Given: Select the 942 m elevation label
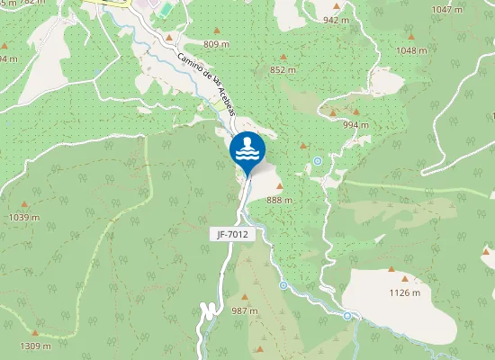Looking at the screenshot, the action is coord(336,20).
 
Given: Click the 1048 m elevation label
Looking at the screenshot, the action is coord(411,51).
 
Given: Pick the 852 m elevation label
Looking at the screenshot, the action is coord(283,70).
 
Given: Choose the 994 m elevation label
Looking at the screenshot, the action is coord(356,124).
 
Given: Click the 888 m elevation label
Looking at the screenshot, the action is coord(280,200).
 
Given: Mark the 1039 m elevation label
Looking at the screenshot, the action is coord(24,217).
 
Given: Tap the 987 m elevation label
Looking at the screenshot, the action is coord(245,310).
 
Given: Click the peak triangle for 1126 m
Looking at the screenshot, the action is coord(391,269).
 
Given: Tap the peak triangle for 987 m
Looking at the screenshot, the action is coord(245,295).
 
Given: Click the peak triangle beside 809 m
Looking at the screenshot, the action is coord(168,37).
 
